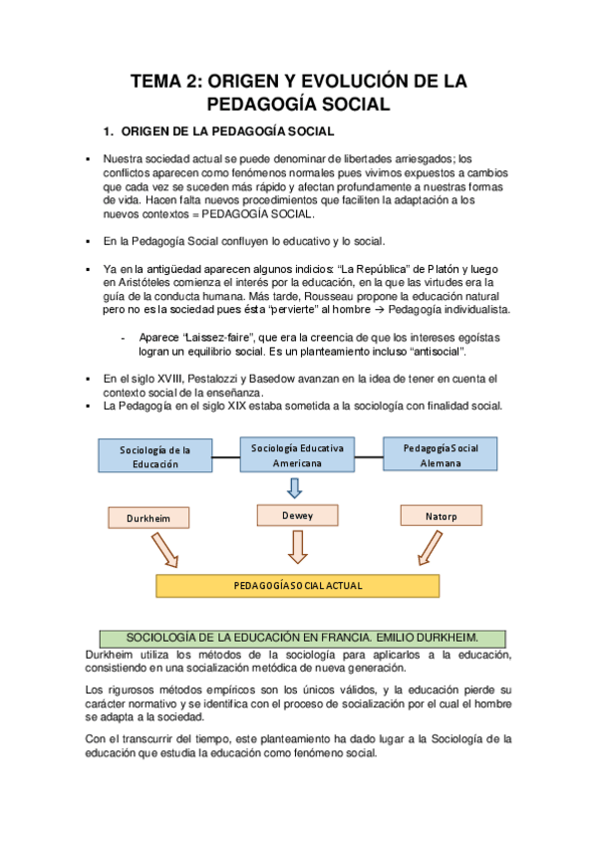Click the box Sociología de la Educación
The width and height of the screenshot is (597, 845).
pos(154,455)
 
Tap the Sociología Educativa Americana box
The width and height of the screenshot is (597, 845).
pos(297,455)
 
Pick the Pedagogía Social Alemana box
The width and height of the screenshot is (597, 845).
pos(441,454)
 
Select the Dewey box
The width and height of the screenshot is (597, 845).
pos(297,515)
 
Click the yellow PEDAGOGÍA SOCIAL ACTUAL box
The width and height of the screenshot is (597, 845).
pos(297,586)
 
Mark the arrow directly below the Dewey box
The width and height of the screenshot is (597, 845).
pos(297,545)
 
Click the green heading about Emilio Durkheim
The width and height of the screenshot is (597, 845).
pos(302,637)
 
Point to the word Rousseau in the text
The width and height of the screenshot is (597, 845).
pos(356,297)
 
